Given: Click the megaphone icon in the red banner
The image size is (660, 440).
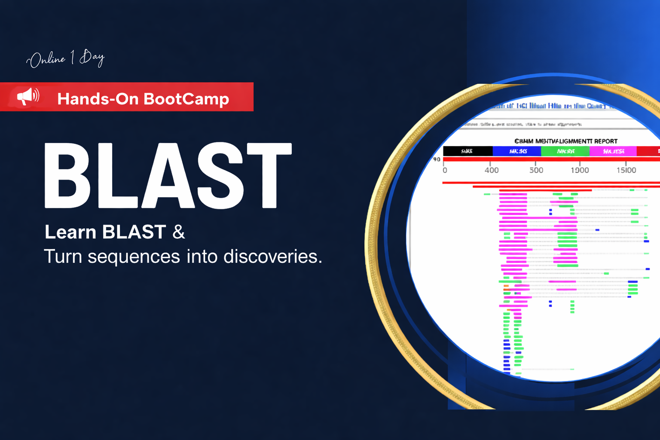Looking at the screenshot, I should tap(28, 96).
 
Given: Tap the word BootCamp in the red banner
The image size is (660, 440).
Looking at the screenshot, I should tap(186, 99).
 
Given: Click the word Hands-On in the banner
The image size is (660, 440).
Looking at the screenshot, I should tap(98, 99).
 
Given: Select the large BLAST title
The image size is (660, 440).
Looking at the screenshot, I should tap(168, 176).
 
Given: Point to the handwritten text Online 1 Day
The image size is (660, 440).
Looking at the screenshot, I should tap(65, 58).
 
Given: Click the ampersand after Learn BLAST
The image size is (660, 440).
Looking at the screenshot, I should tap(179, 232).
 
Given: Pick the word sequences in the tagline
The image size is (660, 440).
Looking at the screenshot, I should tap(134, 257).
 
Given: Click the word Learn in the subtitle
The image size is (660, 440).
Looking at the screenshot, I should tap(70, 232).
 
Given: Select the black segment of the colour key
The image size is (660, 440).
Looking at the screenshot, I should tap(467, 151).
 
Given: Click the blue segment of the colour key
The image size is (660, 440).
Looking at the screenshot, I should tap(517, 151).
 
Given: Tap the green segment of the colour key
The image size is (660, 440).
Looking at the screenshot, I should tap(565, 151).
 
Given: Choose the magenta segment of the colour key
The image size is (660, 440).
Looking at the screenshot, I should tap(613, 151).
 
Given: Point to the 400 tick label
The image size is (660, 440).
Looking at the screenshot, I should tap(492, 170).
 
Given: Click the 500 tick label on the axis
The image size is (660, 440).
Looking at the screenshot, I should tap(536, 170).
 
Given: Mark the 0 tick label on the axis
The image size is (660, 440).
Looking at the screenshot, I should tap(445, 170).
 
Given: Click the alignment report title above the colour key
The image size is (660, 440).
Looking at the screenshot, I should tap(565, 141).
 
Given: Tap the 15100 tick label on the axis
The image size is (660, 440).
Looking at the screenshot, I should tap(626, 170).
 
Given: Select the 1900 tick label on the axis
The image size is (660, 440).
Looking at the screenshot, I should tap(580, 170).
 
